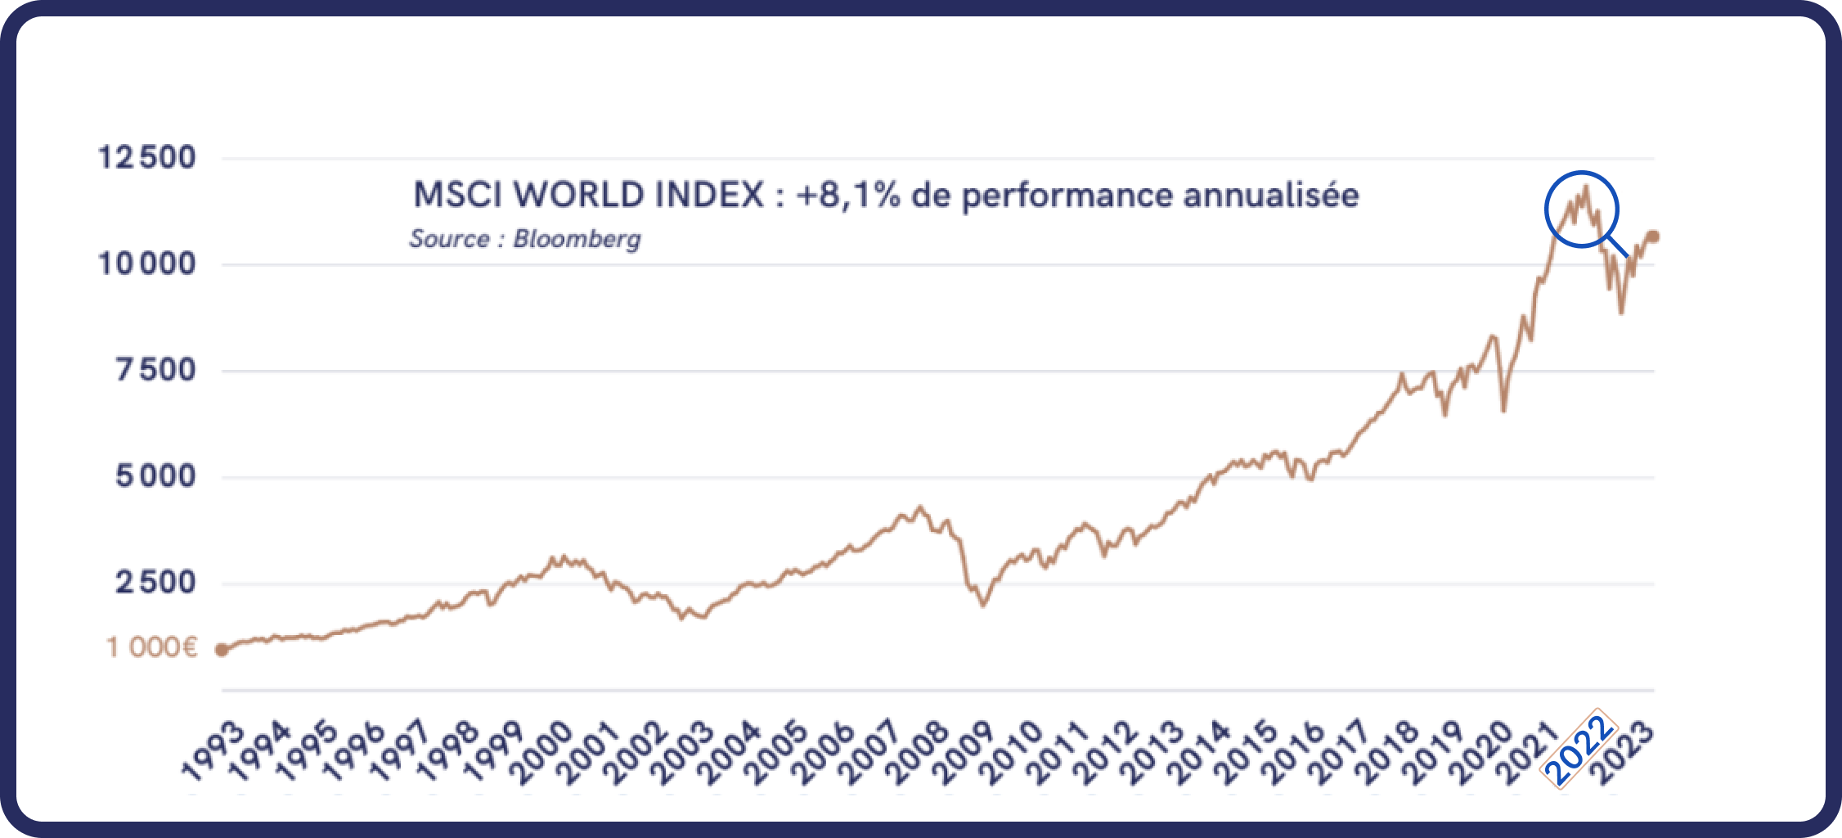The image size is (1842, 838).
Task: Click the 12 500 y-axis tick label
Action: (147, 157)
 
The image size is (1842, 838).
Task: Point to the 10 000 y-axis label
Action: (147, 264)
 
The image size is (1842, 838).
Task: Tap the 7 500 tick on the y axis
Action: (155, 370)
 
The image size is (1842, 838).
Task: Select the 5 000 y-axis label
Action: (155, 476)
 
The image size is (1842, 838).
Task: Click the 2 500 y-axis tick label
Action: (155, 583)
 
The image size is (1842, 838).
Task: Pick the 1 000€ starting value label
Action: (152, 648)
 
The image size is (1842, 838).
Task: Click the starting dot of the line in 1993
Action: (222, 650)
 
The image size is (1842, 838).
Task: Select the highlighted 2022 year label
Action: (1579, 749)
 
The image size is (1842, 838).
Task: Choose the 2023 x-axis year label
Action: (1624, 753)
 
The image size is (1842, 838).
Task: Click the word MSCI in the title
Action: (459, 195)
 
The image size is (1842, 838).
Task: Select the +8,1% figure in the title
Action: (847, 196)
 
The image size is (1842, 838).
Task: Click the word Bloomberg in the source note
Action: (577, 239)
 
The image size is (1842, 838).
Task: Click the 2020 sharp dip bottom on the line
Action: (1503, 410)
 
